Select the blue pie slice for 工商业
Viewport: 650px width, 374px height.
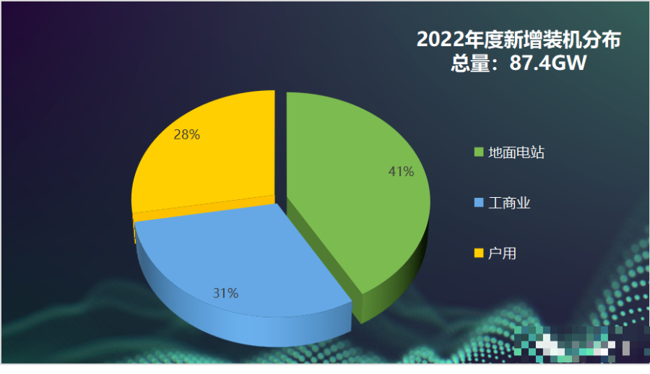click(238, 260)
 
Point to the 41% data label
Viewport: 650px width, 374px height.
click(401, 172)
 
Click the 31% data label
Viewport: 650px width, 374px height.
click(225, 293)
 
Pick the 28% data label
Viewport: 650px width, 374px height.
click(186, 134)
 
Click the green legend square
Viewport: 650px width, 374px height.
click(478, 153)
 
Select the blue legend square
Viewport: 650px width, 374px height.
click(478, 204)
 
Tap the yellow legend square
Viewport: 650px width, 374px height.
click(478, 253)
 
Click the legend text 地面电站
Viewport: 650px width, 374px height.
click(516, 153)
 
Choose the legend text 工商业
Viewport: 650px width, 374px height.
click(509, 204)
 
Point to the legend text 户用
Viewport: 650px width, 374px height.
click(502, 253)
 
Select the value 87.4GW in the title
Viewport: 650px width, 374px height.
click(547, 64)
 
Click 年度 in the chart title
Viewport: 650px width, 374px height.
click(484, 40)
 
